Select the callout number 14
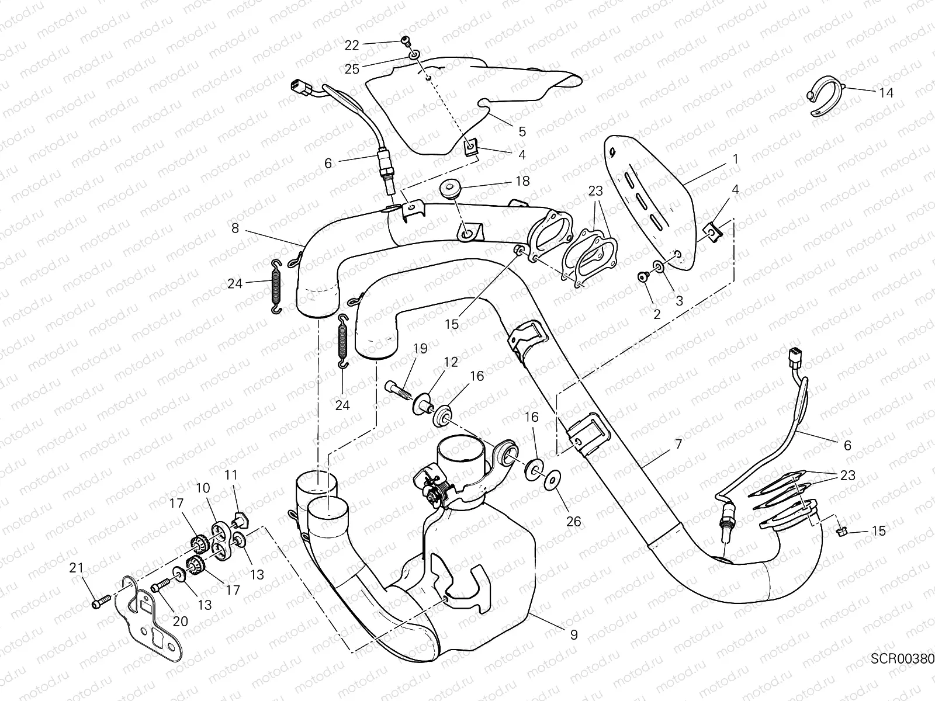(885, 92)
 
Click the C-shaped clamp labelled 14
(826, 97)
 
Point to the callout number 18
(522, 181)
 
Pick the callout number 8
(235, 228)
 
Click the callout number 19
(420, 349)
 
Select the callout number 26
(574, 520)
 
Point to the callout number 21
(77, 567)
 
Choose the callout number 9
(573, 634)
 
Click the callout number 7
(678, 445)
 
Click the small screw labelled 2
(643, 276)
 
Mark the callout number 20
(180, 621)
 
